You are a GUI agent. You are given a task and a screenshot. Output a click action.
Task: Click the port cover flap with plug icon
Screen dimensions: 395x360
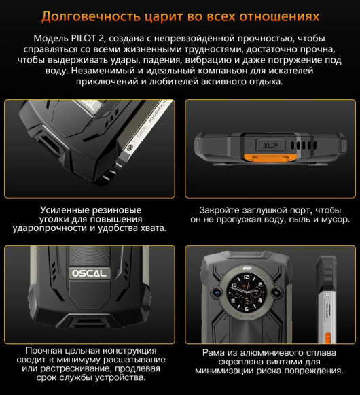270,145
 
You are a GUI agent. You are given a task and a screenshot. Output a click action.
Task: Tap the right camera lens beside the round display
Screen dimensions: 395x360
286,295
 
